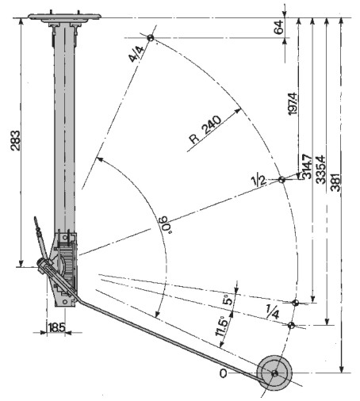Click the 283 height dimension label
pyautogui.click(x=15, y=140)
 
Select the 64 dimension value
pyautogui.click(x=279, y=27)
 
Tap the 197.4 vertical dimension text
pyautogui.click(x=293, y=104)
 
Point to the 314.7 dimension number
pyautogui.click(x=307, y=166)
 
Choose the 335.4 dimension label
pyautogui.click(x=321, y=170)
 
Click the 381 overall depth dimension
pyautogui.click(x=335, y=182)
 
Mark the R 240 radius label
pyautogui.click(x=205, y=130)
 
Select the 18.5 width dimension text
pyautogui.click(x=56, y=328)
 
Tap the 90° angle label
pyautogui.click(x=165, y=224)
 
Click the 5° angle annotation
pyautogui.click(x=228, y=300)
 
